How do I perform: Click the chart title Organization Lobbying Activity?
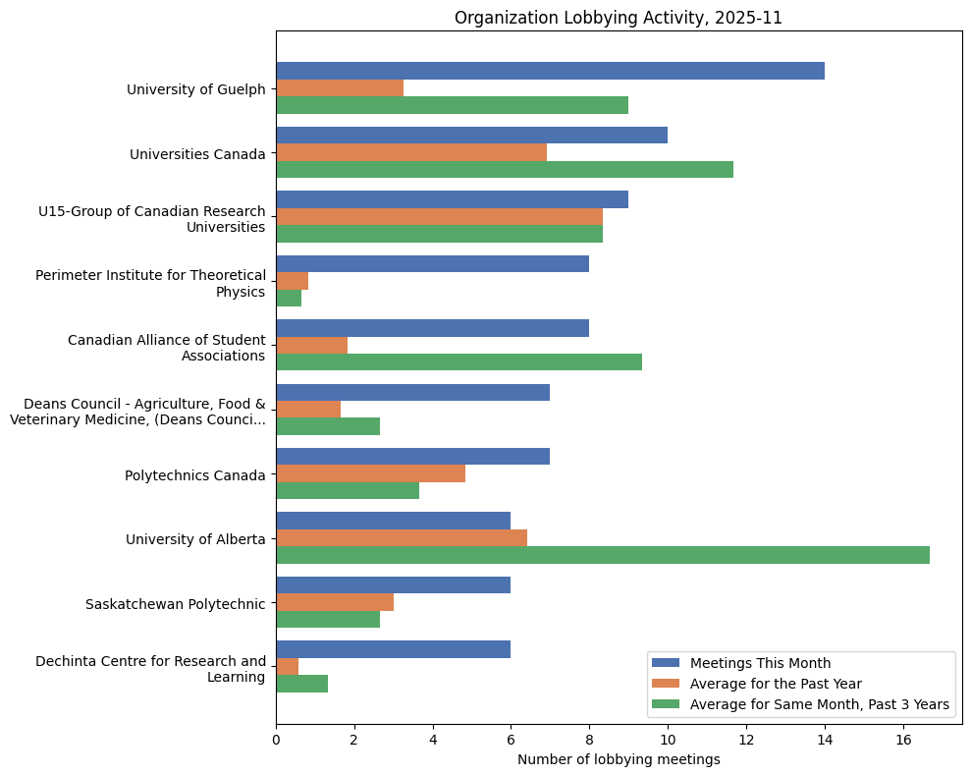pos(618,18)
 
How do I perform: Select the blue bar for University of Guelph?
pos(550,71)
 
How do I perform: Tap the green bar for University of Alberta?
pos(602,555)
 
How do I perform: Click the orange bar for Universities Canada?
pos(411,152)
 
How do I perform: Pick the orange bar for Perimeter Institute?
pos(292,281)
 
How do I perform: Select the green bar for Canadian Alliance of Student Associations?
pos(459,361)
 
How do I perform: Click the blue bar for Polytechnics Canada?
pos(412,457)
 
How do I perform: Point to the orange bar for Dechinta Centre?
pos(287,667)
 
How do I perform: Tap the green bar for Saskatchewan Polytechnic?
pos(328,619)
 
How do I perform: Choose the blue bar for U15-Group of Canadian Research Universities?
pos(452,199)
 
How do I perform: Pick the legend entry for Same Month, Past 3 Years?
pos(819,704)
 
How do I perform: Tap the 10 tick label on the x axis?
pos(668,739)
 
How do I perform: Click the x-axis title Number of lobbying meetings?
pos(619,759)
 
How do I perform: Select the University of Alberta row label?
pos(195,539)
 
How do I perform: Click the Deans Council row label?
pos(137,412)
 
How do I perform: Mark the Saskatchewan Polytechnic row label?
pos(175,603)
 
